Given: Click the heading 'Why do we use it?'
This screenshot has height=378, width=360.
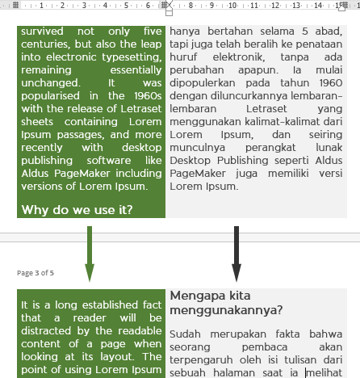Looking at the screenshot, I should tap(77, 210).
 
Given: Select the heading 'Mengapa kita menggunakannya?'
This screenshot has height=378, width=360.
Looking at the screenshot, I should tap(225, 302).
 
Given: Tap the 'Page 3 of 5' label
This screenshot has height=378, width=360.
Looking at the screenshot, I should tap(36, 273).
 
